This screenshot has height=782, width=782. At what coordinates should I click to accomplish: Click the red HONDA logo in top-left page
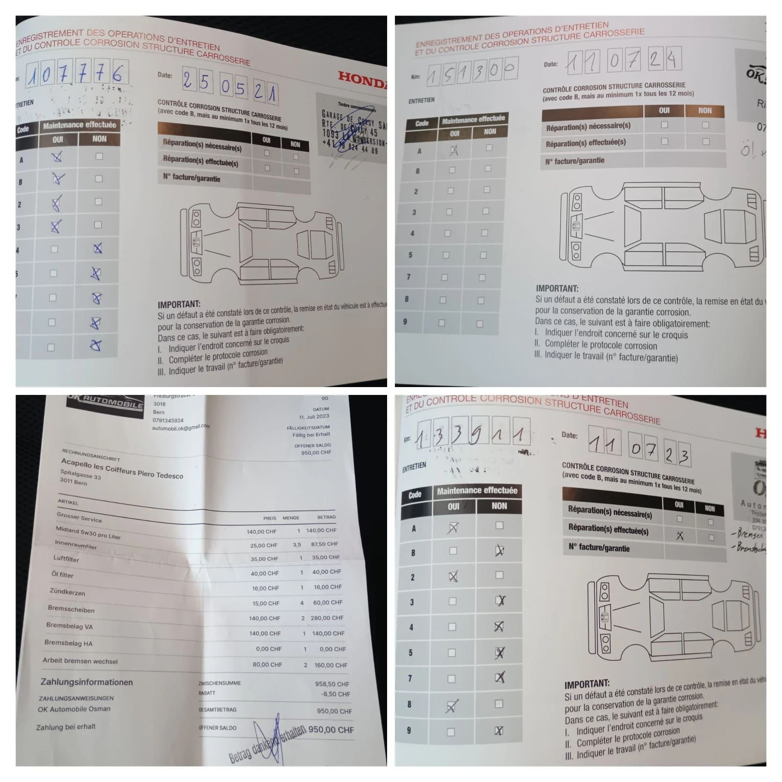(x=363, y=79)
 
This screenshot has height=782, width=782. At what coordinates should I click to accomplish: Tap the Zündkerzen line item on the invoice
(x=67, y=592)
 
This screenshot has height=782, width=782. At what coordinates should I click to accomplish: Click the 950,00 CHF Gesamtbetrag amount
(x=334, y=711)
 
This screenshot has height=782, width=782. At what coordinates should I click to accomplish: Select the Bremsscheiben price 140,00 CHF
(x=264, y=618)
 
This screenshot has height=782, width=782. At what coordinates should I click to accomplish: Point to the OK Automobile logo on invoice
(x=106, y=403)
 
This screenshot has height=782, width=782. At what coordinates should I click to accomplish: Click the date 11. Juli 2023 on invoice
(x=314, y=416)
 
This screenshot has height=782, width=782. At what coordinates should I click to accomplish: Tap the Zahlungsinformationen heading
(x=87, y=682)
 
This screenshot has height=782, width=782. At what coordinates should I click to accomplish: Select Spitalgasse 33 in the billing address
(x=81, y=474)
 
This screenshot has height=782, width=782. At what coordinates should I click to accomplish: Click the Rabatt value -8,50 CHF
(x=335, y=694)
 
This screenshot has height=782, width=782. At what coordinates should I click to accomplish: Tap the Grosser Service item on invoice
(x=79, y=518)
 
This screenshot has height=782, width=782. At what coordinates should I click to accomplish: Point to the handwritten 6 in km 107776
(x=117, y=74)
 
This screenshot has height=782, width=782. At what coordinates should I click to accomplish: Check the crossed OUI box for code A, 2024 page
(x=454, y=150)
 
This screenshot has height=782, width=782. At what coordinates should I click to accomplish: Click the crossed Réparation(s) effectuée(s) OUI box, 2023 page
(x=680, y=536)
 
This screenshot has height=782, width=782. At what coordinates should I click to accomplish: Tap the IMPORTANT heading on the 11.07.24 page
(x=557, y=288)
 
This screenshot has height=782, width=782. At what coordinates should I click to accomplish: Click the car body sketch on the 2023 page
(x=674, y=618)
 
